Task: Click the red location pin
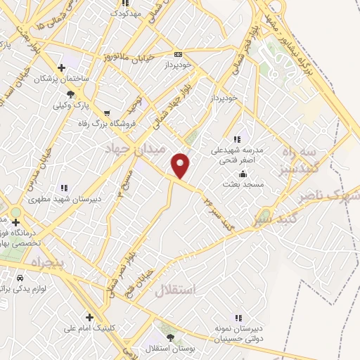(181, 165)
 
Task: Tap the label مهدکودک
(131, 13)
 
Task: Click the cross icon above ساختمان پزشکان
(62, 68)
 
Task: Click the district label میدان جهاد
(134, 150)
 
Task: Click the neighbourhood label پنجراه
(46, 262)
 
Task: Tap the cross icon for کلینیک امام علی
(89, 317)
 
